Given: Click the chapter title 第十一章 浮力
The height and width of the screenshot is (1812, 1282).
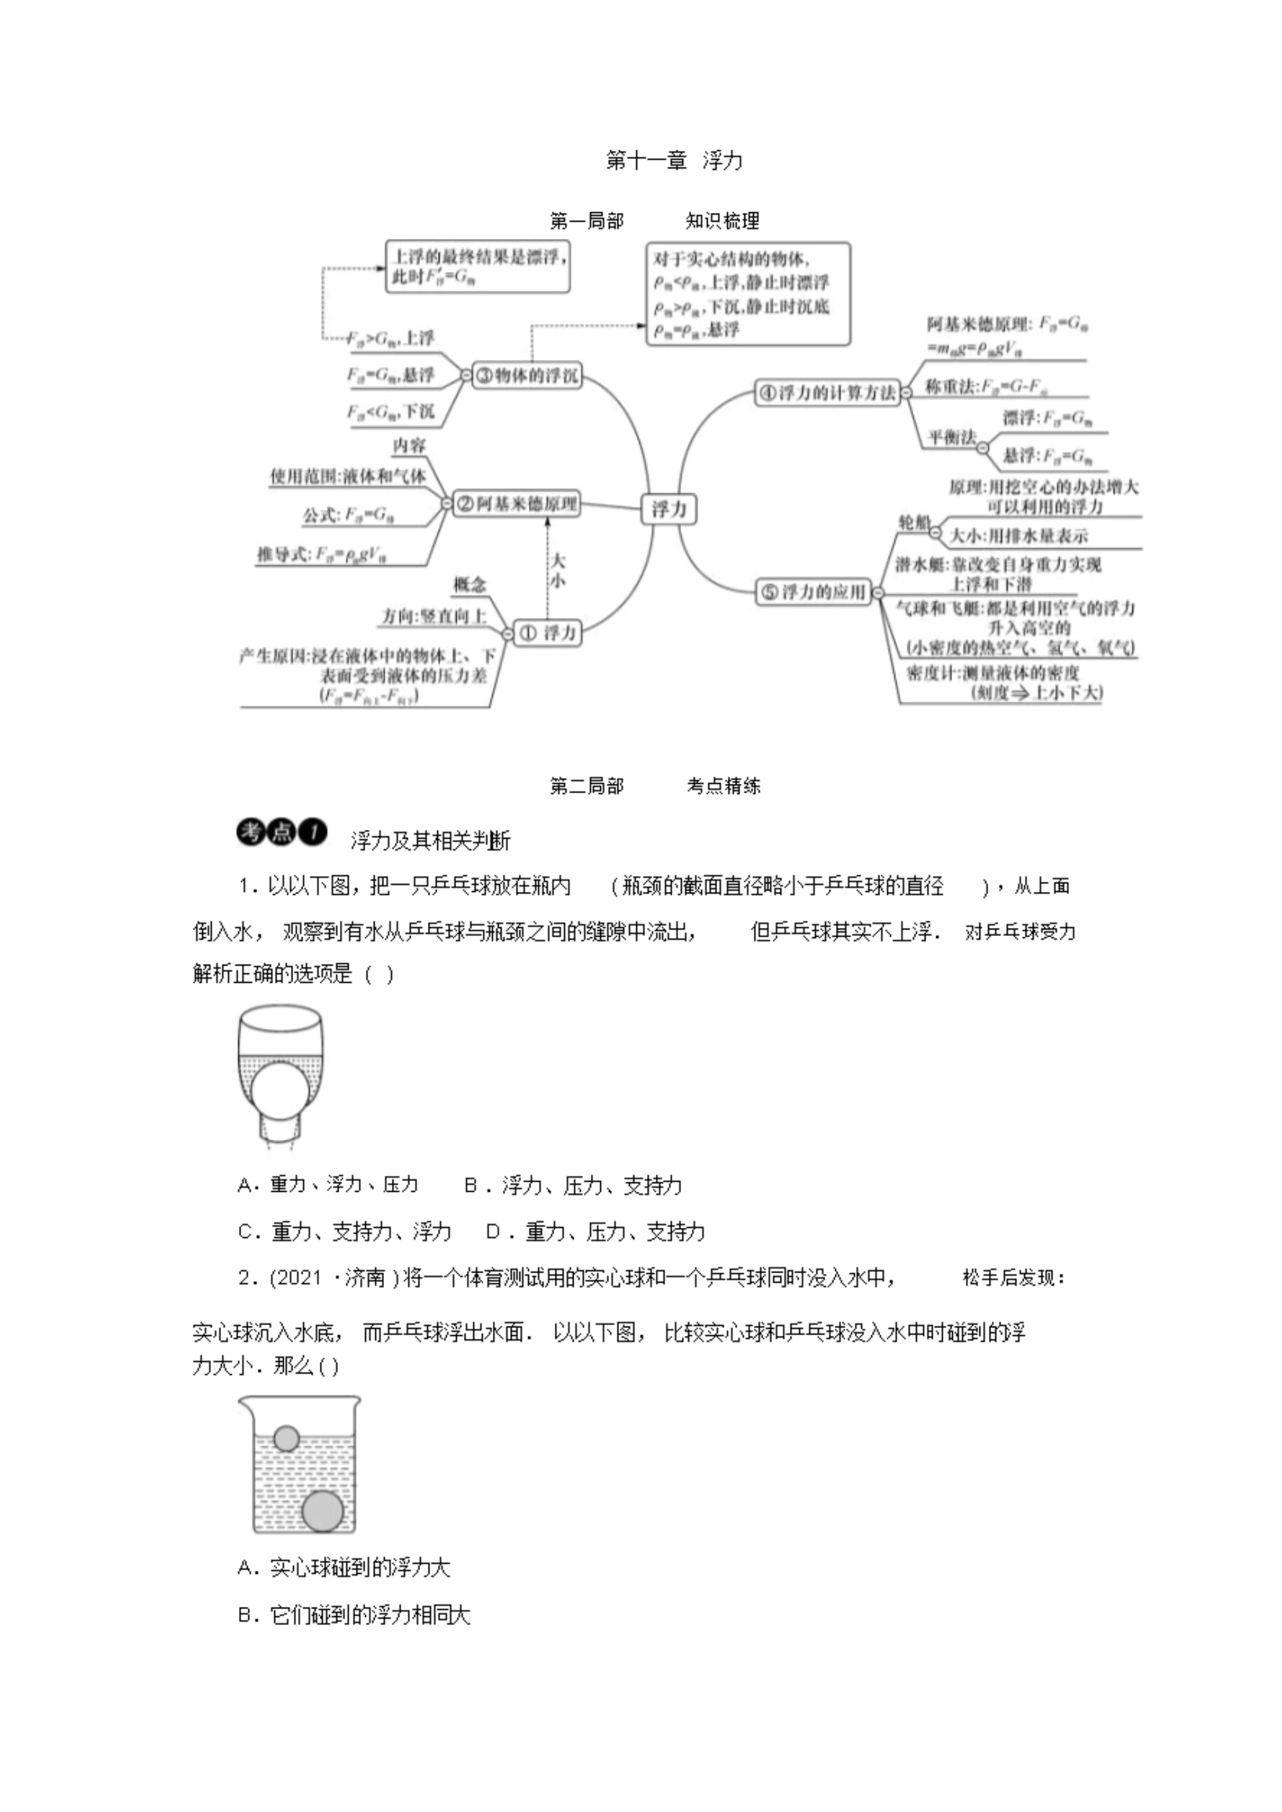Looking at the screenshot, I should point(673,160).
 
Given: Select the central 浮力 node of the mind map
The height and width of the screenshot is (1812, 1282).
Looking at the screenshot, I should point(668,509).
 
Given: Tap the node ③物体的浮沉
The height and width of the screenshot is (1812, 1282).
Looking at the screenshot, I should point(527,376).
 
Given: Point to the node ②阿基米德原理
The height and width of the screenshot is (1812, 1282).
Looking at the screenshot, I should point(516,503).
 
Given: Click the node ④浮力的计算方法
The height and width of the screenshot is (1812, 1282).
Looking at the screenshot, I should point(827,392).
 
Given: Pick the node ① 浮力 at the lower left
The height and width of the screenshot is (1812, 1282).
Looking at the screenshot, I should point(547,632).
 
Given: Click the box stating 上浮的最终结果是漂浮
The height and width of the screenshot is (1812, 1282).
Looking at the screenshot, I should point(477,267).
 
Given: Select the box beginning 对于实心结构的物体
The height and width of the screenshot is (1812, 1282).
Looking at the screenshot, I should point(748,294).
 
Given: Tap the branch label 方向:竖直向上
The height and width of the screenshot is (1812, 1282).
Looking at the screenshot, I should point(433,616).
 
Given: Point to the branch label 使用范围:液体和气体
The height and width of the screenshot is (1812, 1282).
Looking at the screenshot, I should point(348,476).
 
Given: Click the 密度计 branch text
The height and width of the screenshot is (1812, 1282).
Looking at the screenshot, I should point(1002,682).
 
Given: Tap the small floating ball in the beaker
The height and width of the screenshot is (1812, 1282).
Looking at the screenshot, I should point(286,1438).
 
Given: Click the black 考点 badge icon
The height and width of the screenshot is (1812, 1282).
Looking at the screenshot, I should point(282,833).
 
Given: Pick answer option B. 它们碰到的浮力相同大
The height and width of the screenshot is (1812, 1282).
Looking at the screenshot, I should point(355,1616).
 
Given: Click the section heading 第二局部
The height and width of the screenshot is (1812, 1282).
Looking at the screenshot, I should point(586,785).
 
